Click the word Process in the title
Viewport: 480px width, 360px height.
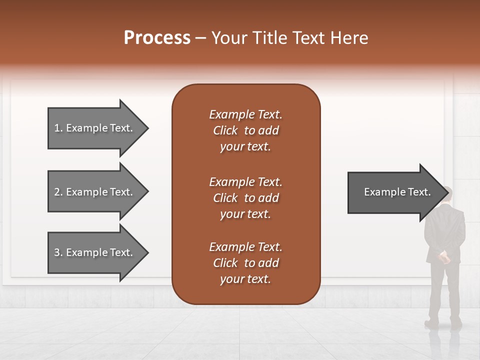pyautogui.click(x=157, y=38)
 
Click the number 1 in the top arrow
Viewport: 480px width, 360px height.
pyautogui.click(x=57, y=128)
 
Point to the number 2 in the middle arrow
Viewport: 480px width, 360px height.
pyautogui.click(x=57, y=192)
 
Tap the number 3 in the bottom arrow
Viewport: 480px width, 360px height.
pyautogui.click(x=57, y=252)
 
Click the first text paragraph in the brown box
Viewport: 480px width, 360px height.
pyautogui.click(x=245, y=130)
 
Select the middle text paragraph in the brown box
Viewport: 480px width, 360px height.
pyautogui.click(x=245, y=198)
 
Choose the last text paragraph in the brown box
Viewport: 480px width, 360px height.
pyautogui.click(x=245, y=263)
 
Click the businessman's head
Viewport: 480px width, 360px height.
pyautogui.click(x=447, y=194)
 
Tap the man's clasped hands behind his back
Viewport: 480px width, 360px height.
pyautogui.click(x=444, y=257)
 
